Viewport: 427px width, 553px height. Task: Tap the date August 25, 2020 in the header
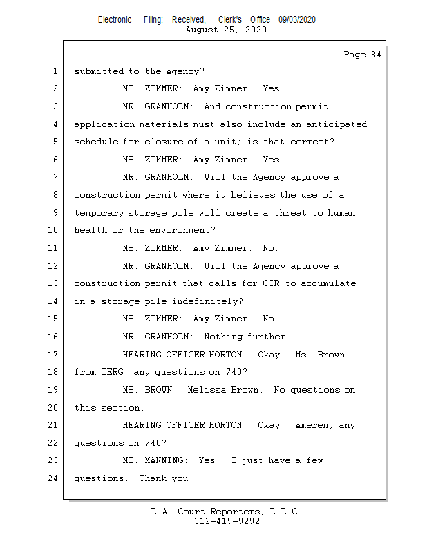point(227,30)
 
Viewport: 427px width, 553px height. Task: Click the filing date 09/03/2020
point(297,19)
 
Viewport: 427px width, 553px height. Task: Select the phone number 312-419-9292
point(227,521)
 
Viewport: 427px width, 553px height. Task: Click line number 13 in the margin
point(54,283)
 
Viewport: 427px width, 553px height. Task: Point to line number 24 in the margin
point(54,478)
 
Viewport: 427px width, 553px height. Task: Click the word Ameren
point(313,425)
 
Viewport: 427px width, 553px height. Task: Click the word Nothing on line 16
point(222,337)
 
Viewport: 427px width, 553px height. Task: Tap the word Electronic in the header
point(115,19)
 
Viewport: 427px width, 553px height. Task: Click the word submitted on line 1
point(98,71)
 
